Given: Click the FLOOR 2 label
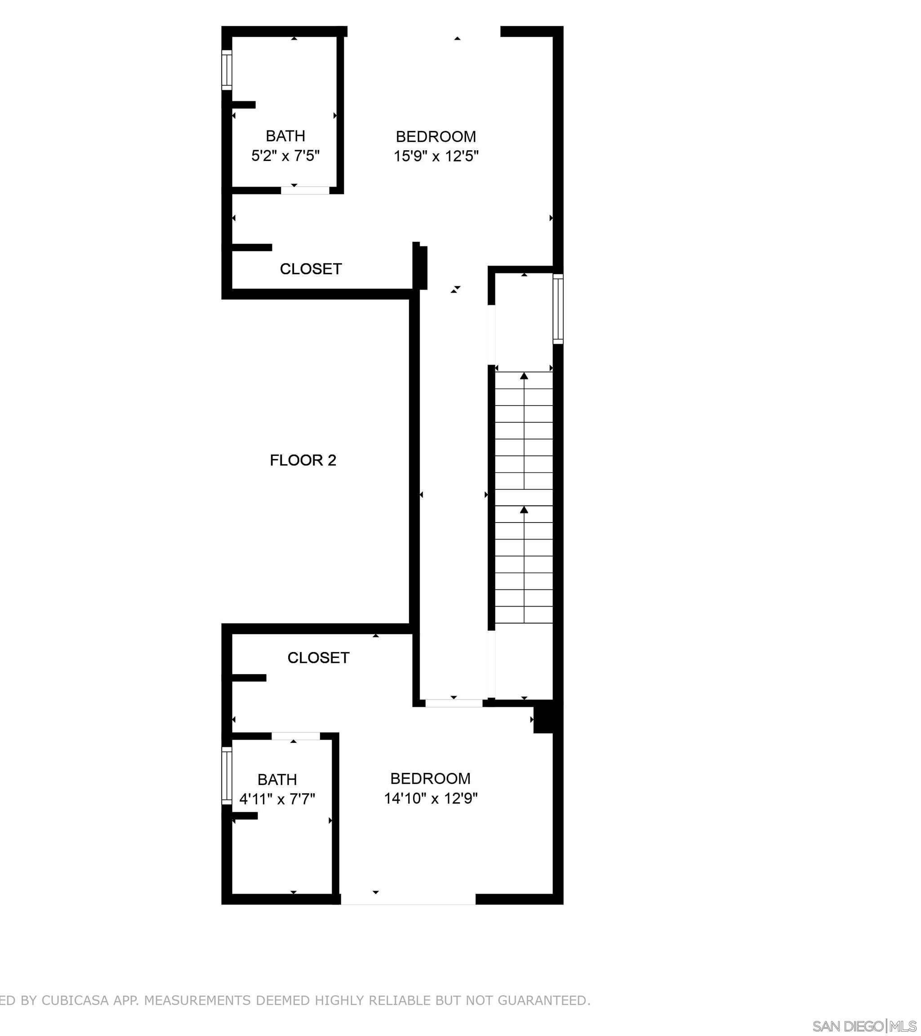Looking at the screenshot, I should tap(303, 460).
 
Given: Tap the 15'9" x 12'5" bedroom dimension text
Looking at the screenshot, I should tap(436, 156).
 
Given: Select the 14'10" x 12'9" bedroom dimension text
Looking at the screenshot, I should tap(431, 798).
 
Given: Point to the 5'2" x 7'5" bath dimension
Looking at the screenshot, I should tap(285, 155).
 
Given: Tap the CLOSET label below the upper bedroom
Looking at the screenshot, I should tap(311, 268).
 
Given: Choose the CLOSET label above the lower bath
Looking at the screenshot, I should tap(318, 657).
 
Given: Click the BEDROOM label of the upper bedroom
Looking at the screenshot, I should tap(436, 136).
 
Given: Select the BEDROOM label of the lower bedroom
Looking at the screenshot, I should tap(430, 778).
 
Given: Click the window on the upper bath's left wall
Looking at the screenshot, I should tap(227, 71).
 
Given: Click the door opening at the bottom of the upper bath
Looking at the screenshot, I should tap(305, 190).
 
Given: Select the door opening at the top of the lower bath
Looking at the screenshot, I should tap(296, 736).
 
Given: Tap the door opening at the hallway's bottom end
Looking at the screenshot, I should tap(454, 703).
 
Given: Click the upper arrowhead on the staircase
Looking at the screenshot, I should tap(524, 376).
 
